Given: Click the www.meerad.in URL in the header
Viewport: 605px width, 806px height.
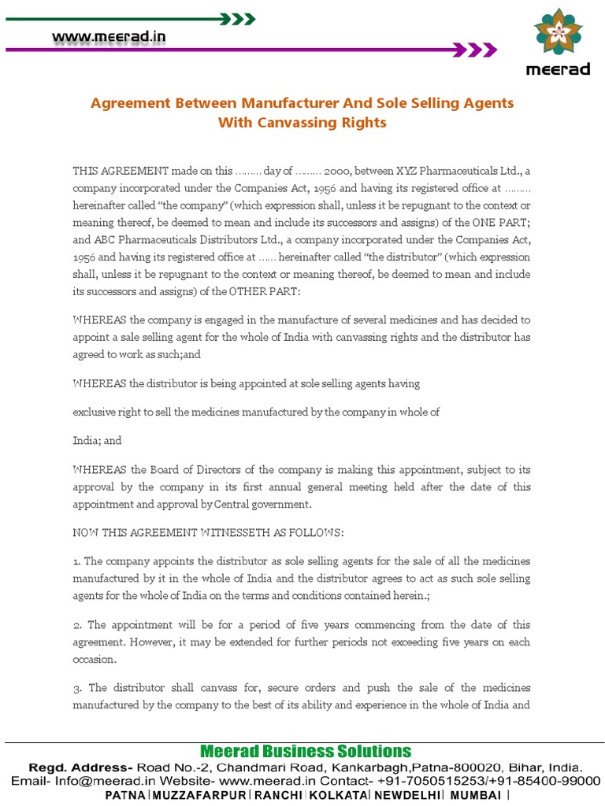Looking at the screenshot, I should pyautogui.click(x=109, y=36).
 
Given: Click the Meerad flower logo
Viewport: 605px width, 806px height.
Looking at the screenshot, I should pyautogui.click(x=558, y=35).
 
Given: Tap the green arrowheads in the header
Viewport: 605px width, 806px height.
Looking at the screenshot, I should pyautogui.click(x=237, y=17).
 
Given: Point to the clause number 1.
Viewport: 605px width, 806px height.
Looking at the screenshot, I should pyautogui.click(x=76, y=561).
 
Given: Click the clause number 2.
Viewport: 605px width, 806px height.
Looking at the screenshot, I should pyautogui.click(x=76, y=625).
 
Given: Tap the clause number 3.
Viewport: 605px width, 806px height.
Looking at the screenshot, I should pyautogui.click(x=76, y=689).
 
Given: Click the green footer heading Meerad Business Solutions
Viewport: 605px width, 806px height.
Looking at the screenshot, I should pyautogui.click(x=306, y=751).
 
